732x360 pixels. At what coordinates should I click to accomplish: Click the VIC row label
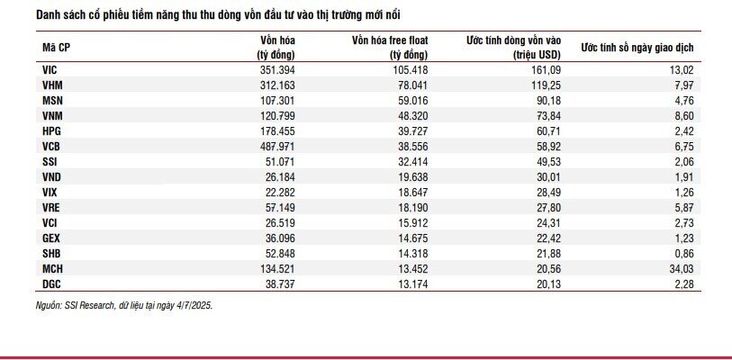point(50,70)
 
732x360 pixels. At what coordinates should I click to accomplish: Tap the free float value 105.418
point(411,70)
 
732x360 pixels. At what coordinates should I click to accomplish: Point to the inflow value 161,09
point(546,70)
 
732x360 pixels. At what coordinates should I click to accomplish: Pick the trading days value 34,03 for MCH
point(681,268)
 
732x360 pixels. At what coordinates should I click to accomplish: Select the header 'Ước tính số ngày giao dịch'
point(637,48)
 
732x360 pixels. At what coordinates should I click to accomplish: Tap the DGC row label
point(51,283)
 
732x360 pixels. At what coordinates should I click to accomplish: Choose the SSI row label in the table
point(49,162)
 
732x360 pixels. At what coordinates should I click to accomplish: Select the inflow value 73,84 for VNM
point(547,116)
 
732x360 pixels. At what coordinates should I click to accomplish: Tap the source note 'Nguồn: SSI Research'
point(75,306)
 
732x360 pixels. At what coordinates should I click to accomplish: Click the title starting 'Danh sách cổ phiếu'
point(218,15)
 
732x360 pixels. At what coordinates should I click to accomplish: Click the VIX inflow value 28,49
point(547,193)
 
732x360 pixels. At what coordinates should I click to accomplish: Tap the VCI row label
point(50,222)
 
